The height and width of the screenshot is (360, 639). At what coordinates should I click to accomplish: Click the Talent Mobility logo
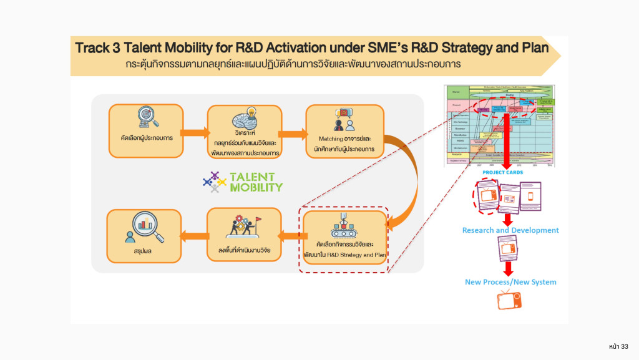(x=243, y=181)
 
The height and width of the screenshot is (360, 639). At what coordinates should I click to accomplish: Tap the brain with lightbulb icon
(x=244, y=119)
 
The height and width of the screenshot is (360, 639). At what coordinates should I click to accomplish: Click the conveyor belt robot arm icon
(x=343, y=227)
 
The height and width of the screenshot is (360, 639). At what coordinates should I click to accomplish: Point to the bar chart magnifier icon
(x=145, y=228)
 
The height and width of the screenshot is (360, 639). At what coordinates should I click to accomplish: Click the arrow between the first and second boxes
(x=195, y=132)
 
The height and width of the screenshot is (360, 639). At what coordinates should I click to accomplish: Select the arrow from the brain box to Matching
(x=293, y=132)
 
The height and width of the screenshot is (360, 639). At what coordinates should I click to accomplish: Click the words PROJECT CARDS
(x=502, y=172)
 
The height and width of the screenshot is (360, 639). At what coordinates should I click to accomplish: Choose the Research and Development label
(x=510, y=230)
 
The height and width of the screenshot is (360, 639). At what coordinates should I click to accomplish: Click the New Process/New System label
(x=510, y=282)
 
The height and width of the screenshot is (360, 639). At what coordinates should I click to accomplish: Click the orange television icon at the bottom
(x=509, y=301)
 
